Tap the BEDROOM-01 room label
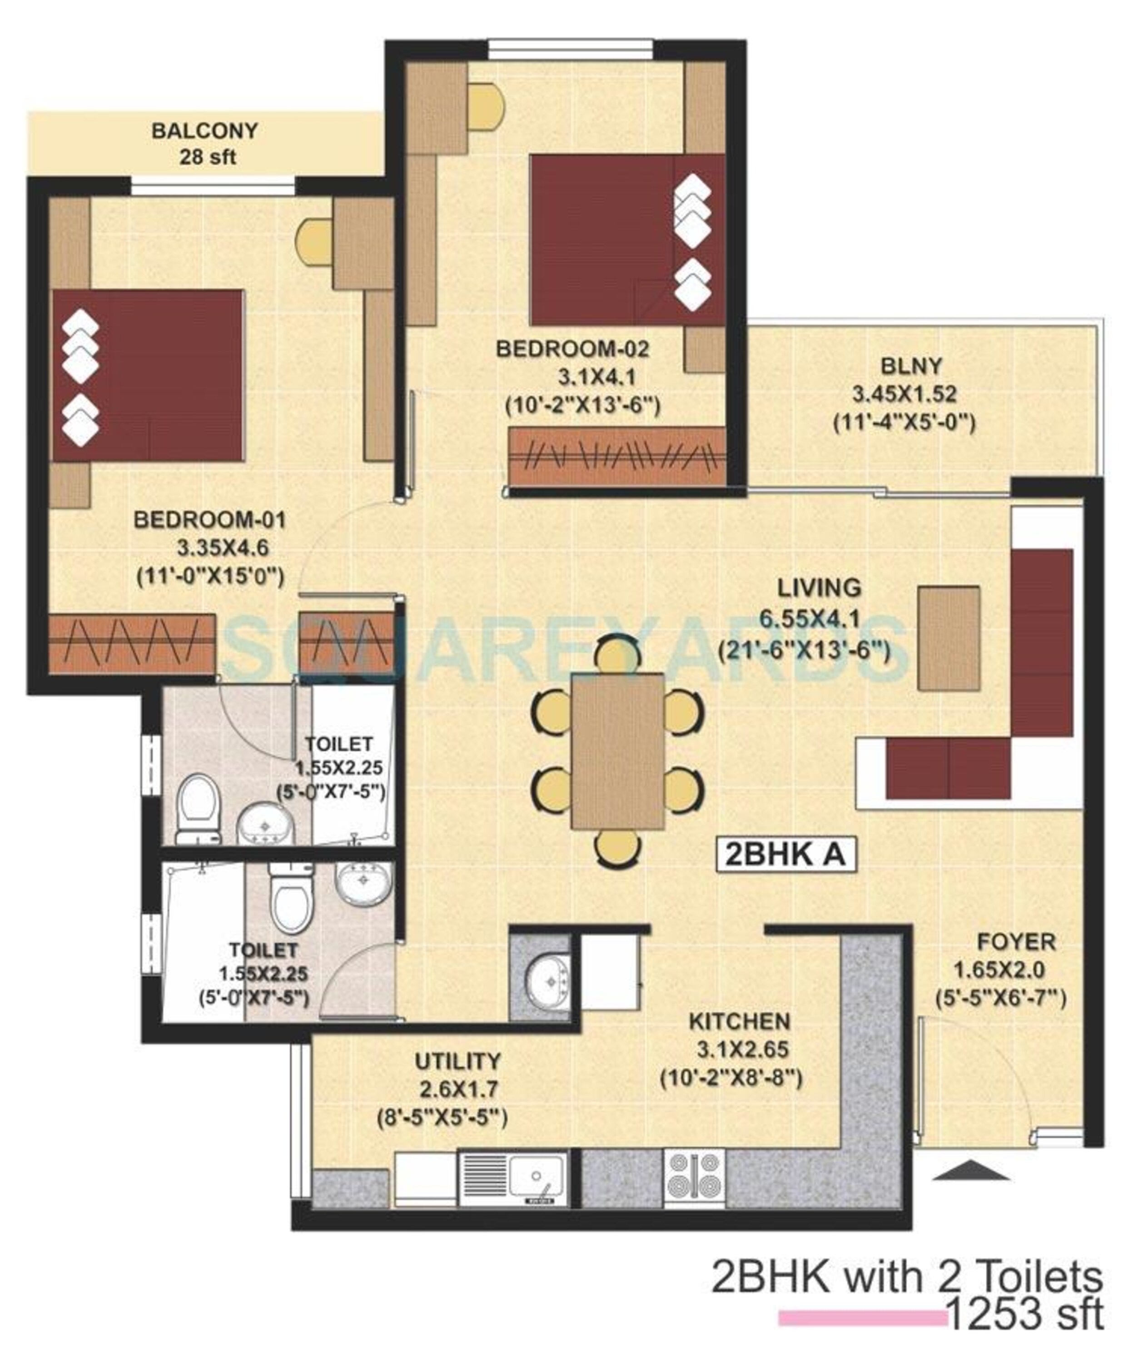(x=209, y=520)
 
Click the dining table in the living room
(x=617, y=751)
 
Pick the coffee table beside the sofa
(x=949, y=637)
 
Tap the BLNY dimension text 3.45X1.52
(x=904, y=394)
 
